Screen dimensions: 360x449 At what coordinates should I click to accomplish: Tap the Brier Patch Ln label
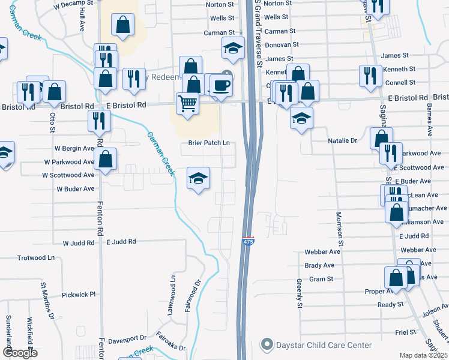(210, 143)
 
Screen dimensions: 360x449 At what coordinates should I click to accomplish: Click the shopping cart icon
(187, 103)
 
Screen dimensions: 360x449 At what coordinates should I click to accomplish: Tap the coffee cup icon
(221, 85)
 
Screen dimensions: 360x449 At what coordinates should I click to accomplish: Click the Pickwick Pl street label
(79, 295)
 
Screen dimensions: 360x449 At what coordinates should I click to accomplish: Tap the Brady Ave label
(319, 265)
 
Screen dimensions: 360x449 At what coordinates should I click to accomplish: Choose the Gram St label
(321, 279)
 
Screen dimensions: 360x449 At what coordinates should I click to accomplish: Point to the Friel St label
(406, 331)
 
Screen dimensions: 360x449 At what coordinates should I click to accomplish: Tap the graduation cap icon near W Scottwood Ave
(198, 178)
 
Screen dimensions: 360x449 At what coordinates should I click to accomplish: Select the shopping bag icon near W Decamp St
(122, 25)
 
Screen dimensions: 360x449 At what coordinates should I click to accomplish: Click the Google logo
(20, 353)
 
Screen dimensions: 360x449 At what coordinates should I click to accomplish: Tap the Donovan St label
(282, 44)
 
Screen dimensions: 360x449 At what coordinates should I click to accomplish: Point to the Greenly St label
(298, 293)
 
